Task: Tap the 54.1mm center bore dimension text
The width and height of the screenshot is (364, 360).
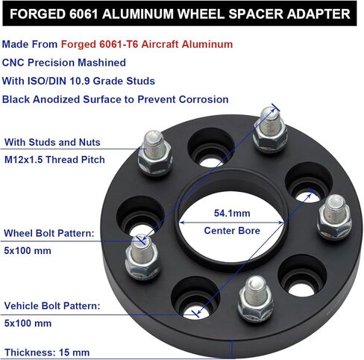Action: coord(230,214)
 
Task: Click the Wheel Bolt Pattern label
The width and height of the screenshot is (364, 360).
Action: coord(49,234)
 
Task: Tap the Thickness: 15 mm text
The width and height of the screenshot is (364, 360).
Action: coord(47,352)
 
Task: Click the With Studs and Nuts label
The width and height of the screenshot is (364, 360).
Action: coord(52,142)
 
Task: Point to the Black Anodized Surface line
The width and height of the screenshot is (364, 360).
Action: coord(115,99)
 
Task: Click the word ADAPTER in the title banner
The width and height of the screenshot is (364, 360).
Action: coord(316,14)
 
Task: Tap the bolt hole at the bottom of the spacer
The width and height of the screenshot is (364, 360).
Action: coord(192,305)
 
